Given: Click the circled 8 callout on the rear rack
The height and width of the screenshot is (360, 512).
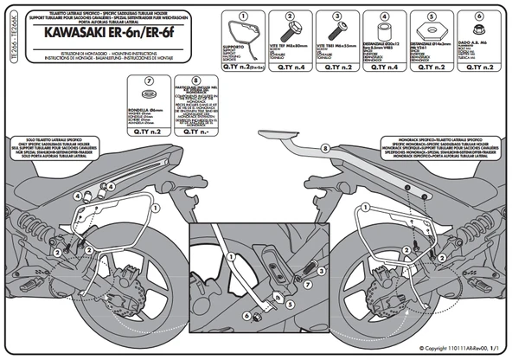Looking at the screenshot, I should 324,149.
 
